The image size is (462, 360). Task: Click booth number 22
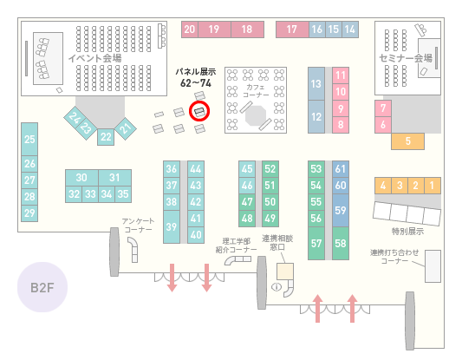pos(106,137)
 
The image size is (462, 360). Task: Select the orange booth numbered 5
pos(407,141)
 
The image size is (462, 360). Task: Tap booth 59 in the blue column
pos(341,210)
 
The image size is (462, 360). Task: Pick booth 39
pos(172,226)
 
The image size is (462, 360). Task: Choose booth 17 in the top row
pos(292,29)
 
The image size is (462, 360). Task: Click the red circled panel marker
pos(199,112)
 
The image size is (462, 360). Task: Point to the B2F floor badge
pos(42,287)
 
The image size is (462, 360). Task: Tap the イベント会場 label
pos(94,58)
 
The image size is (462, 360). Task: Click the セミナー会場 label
pos(406,58)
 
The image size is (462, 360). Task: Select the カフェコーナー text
pos(256,91)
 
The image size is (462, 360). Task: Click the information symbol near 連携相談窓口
pos(277,286)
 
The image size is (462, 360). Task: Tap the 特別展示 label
pos(407,231)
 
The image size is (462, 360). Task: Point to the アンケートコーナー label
pos(138,226)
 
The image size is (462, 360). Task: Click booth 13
pos(316,84)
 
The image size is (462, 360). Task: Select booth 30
pos(81,178)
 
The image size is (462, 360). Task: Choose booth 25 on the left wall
pos(29,139)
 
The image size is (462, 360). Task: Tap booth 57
pos(316,243)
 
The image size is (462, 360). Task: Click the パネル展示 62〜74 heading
pos(196,78)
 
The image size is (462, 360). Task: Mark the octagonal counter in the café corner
pos(256,115)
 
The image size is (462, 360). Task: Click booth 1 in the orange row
pos(433,186)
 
